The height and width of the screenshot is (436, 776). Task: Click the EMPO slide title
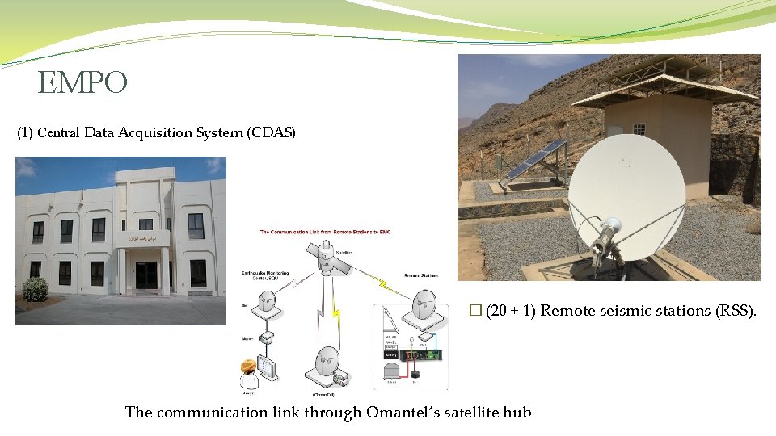(x=82, y=83)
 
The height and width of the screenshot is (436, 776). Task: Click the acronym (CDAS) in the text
(x=271, y=133)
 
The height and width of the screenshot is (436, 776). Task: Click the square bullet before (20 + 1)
(x=474, y=311)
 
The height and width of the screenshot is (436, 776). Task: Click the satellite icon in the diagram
(x=323, y=259)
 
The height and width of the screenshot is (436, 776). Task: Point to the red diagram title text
(x=348, y=233)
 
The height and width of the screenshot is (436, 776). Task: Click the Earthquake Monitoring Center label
(x=267, y=276)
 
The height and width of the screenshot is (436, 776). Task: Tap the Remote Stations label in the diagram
(x=420, y=276)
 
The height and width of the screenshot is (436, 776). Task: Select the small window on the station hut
(x=640, y=129)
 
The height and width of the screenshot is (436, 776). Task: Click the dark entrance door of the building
(x=146, y=276)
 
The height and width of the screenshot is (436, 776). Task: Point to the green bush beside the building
(x=36, y=289)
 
